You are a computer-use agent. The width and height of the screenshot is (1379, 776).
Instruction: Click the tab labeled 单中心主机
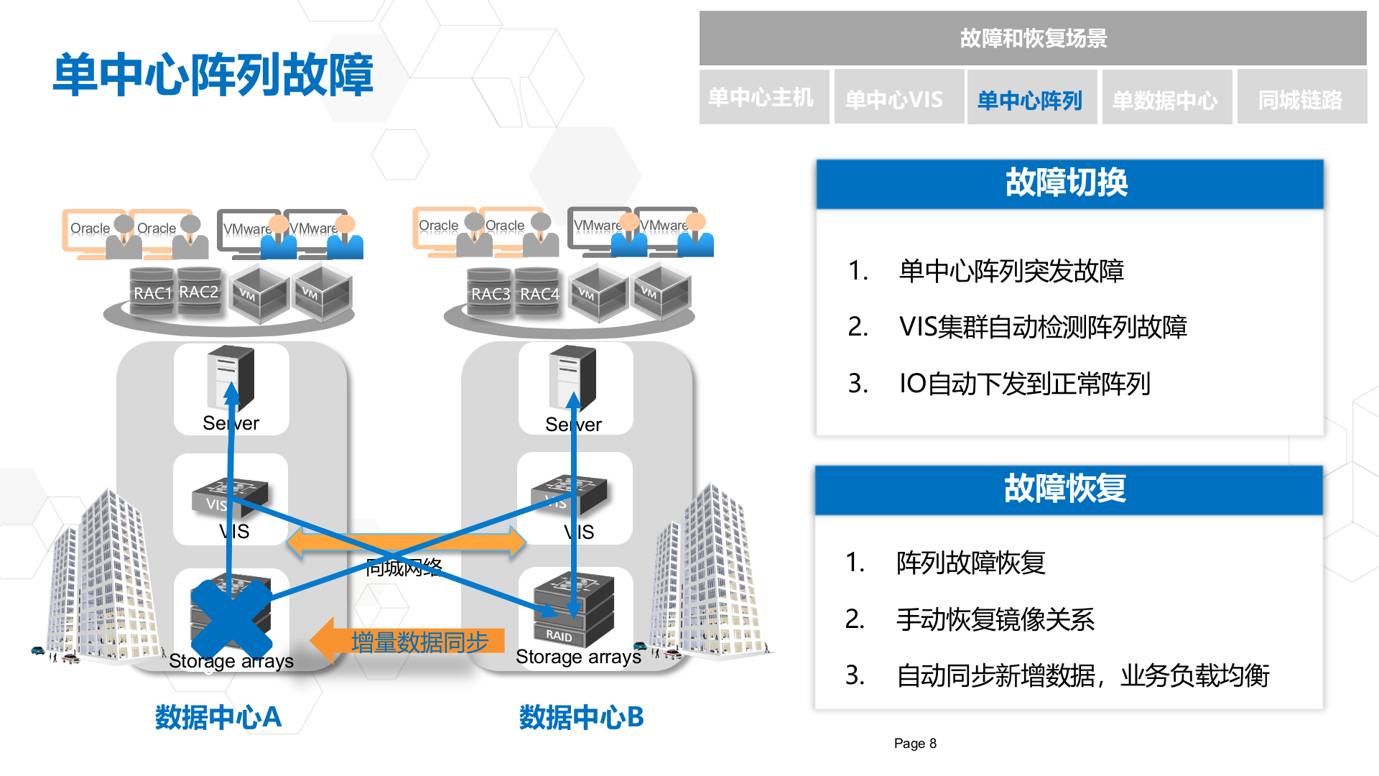tap(763, 98)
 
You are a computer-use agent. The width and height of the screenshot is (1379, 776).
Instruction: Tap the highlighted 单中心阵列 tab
tap(1030, 99)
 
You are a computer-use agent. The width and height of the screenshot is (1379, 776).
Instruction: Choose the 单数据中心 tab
tap(1165, 99)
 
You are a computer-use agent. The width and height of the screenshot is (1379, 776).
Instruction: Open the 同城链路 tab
tap(1300, 99)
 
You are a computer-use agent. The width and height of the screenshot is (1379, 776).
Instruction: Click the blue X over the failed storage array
tap(231, 617)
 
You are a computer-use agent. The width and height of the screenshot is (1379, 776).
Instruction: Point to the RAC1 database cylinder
tap(152, 292)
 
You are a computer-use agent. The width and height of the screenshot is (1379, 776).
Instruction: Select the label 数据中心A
tap(218, 717)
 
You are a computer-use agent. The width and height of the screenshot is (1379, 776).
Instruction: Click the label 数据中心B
tap(581, 717)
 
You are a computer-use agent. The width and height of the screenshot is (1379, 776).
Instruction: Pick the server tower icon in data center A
tap(231, 377)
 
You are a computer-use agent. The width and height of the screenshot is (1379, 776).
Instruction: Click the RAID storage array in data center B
tap(573, 611)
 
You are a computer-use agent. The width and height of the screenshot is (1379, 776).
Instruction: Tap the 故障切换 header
tap(1068, 183)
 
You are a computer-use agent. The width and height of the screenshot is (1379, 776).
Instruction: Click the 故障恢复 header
tap(1067, 489)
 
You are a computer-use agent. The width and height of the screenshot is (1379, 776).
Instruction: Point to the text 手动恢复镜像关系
tap(995, 619)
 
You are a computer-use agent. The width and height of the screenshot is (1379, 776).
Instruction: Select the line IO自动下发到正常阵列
tap(1025, 384)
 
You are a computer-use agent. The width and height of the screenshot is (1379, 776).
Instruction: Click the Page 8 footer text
tap(915, 743)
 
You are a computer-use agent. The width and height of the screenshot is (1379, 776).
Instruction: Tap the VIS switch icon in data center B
tap(570, 494)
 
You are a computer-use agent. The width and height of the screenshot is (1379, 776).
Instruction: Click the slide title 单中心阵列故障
tap(213, 75)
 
